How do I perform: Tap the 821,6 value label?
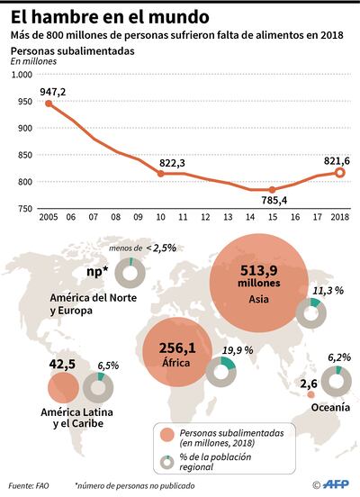[x=332, y=161]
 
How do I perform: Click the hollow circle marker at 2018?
[x=339, y=173]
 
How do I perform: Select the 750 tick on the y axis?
[x=24, y=208]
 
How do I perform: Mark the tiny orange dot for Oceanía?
[x=310, y=394]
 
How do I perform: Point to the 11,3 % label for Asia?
[x=328, y=290]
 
